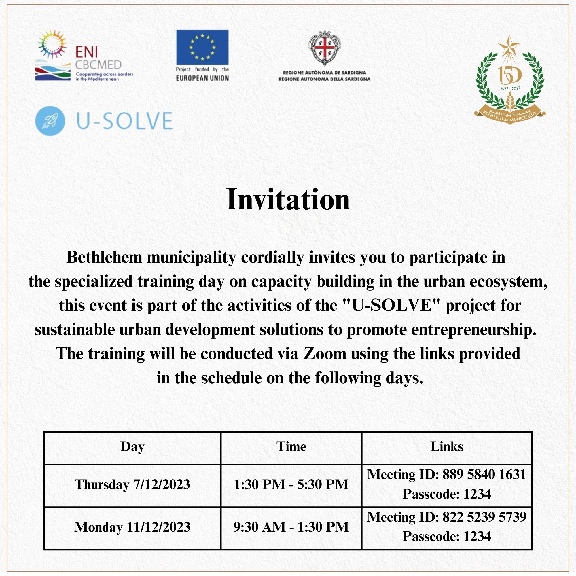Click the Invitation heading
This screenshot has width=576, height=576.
click(x=288, y=200)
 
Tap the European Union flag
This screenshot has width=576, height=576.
click(x=202, y=47)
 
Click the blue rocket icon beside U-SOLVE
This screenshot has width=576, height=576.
click(x=50, y=121)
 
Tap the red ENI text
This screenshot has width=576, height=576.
click(x=86, y=52)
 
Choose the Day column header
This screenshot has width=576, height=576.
click(x=132, y=447)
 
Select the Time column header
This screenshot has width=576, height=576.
click(x=291, y=447)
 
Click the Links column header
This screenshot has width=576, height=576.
click(x=447, y=447)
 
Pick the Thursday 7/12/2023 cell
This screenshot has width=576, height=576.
click(x=132, y=484)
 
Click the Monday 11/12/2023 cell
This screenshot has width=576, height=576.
click(x=132, y=527)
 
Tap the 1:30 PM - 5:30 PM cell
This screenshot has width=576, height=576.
click(x=291, y=484)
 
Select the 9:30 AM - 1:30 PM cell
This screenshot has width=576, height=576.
click(x=291, y=527)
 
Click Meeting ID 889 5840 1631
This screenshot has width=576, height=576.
click(x=447, y=475)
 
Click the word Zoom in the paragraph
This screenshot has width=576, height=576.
click(x=325, y=354)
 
